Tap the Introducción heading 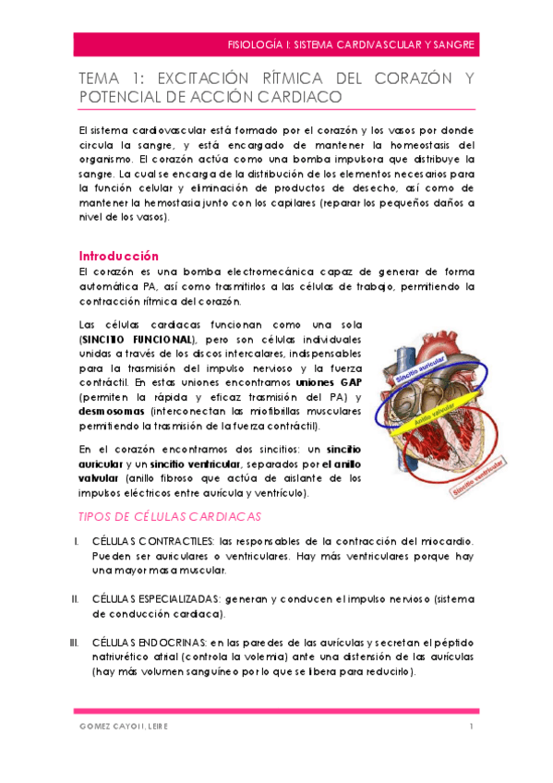119,256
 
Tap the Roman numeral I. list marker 76,540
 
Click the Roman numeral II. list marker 75,598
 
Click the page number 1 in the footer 471,727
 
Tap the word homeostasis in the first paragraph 421,145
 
